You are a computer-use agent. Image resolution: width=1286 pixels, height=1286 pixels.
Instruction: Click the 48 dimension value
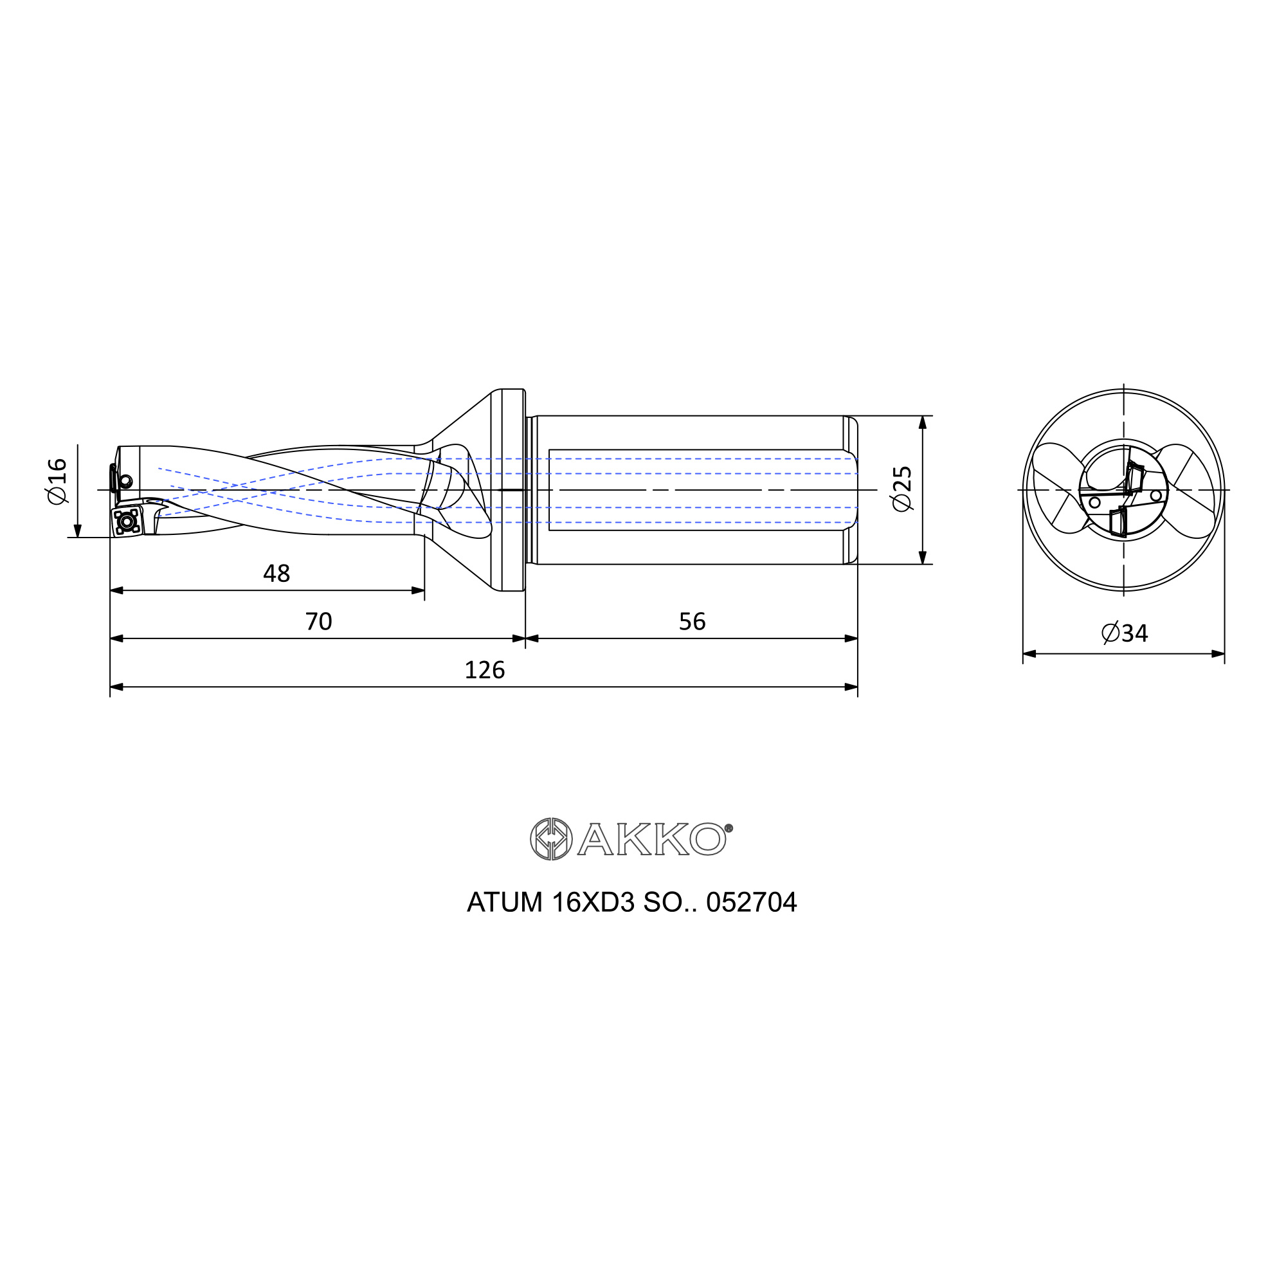point(277,573)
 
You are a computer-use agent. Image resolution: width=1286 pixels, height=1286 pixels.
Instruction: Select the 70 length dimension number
point(318,622)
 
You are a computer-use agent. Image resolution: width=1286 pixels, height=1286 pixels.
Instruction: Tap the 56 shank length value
point(693,622)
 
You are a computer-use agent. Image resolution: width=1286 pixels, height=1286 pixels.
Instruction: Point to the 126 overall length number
point(485,669)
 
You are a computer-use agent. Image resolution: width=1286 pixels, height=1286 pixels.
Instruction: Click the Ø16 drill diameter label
point(57,481)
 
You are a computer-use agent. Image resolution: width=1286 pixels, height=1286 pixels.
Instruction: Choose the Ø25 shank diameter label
point(902,489)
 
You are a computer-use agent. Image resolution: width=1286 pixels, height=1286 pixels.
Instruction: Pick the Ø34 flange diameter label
point(1124,633)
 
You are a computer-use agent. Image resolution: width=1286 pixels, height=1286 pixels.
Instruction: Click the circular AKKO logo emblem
point(551,838)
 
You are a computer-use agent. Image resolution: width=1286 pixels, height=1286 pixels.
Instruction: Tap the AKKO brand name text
point(651,838)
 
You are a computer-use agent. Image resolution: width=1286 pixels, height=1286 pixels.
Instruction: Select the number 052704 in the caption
point(752,903)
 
